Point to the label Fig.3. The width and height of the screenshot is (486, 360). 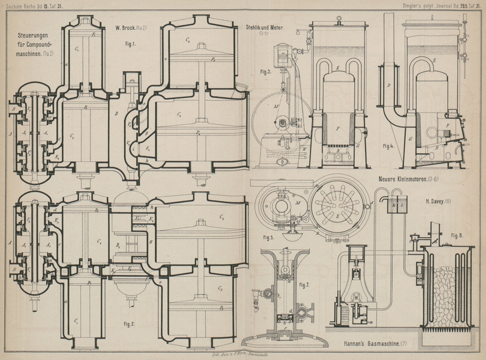(x=265, y=72)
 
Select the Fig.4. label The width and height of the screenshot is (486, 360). (x=389, y=147)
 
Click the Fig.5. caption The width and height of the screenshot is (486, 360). (x=268, y=238)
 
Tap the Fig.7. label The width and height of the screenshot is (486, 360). (x=304, y=285)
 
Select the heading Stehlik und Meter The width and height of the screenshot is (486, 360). (x=265, y=27)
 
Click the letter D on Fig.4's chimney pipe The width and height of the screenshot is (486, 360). (x=389, y=86)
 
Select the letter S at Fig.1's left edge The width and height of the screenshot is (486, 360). (x=13, y=109)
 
